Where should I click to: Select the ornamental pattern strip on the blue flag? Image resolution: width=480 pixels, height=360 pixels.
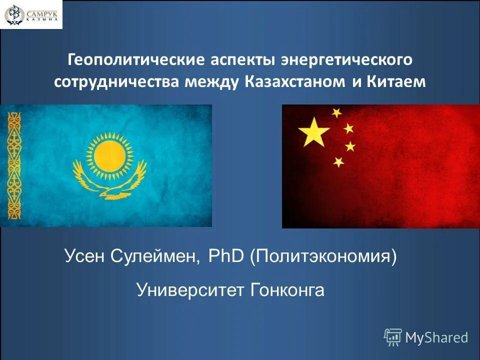tap(14, 164)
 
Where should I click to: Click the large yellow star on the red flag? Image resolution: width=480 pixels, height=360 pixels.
tap(313, 131)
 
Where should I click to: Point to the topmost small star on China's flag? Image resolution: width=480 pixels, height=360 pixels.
tap(336, 112)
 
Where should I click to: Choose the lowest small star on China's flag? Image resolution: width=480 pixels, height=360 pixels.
tap(338, 162)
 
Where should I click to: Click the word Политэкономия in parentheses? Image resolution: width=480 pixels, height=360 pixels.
tap(324, 258)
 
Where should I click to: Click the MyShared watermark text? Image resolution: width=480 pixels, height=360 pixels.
tap(436, 337)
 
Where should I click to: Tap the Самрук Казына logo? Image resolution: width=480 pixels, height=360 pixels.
tap(31, 14)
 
